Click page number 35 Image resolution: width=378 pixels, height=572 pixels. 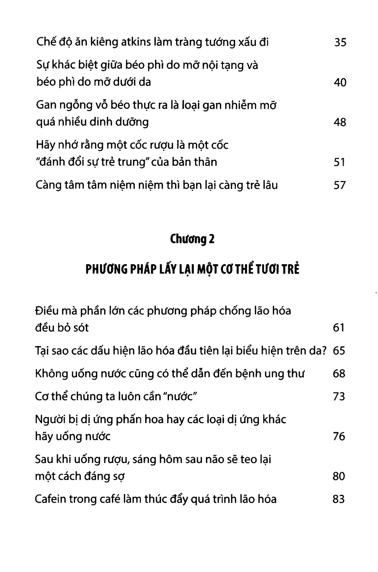click(340, 43)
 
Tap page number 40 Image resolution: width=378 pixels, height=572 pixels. click(340, 83)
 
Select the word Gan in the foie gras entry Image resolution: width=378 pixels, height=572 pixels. click(46, 105)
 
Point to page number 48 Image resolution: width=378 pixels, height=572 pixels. click(340, 122)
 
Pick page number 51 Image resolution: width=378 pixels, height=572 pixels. click(340, 162)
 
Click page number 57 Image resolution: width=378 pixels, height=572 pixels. click(340, 185)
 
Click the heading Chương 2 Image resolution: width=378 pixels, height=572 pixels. click(192, 240)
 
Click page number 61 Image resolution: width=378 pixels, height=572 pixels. click(339, 328)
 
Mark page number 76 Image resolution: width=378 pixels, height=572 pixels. click(339, 436)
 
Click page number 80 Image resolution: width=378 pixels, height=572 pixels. click(339, 476)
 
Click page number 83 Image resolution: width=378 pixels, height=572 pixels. click(339, 499)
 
